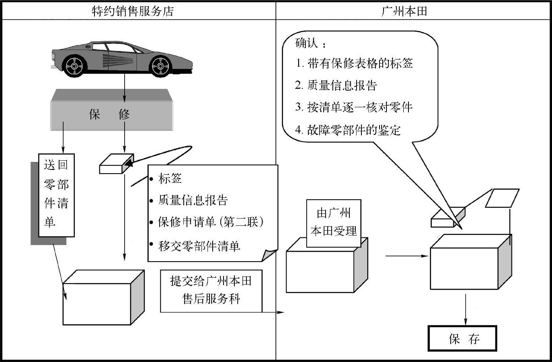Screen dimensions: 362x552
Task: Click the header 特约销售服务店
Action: (x=133, y=11)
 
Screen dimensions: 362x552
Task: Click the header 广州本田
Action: (x=404, y=11)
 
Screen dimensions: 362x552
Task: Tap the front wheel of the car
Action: (x=160, y=65)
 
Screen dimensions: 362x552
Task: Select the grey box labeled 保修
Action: (x=111, y=114)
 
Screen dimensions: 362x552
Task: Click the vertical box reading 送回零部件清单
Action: (x=56, y=194)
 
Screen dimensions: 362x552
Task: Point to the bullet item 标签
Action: (x=170, y=178)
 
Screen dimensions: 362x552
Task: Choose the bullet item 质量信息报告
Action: (x=193, y=200)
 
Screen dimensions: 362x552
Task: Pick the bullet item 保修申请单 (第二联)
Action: (x=211, y=222)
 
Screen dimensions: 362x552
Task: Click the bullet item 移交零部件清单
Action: (x=199, y=246)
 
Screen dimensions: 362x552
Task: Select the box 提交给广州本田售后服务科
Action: (x=211, y=290)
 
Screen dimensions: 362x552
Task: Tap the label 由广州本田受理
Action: (x=334, y=223)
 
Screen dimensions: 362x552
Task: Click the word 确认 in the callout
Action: (x=306, y=43)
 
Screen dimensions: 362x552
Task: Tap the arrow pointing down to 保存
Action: (x=466, y=309)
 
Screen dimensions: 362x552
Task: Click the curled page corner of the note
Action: (x=269, y=254)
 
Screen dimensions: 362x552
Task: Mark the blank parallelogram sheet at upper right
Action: (x=501, y=198)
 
